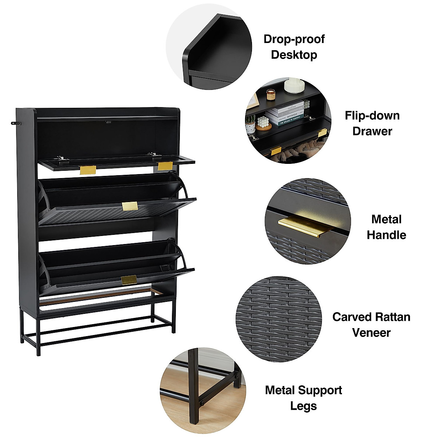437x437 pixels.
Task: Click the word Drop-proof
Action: point(294,39)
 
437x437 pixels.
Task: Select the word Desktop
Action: point(294,55)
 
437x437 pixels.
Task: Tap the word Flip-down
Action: point(372,116)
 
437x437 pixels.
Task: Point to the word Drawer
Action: point(372,131)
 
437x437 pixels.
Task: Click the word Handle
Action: point(386,235)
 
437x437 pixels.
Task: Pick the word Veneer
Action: point(371,332)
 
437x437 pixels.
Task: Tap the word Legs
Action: point(303,406)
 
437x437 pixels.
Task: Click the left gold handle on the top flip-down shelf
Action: point(88,170)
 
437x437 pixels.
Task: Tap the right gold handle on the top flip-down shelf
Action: point(165,166)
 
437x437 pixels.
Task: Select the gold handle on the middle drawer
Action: point(130,206)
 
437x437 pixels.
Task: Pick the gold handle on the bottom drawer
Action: point(129,280)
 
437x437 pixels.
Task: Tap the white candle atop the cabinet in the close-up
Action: point(294,85)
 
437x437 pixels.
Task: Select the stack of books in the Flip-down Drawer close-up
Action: point(287,113)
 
